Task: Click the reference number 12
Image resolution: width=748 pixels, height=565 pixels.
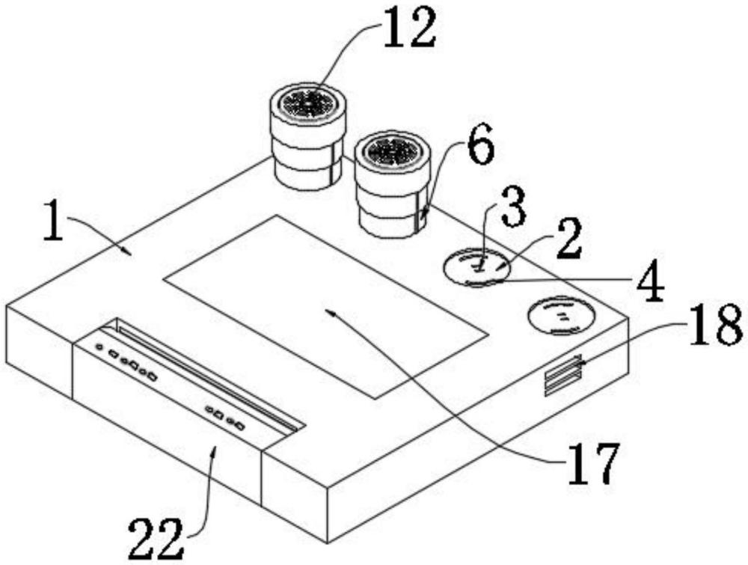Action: (x=410, y=28)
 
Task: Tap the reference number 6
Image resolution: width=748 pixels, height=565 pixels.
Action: (x=480, y=145)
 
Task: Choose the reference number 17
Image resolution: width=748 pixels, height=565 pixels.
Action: (x=593, y=463)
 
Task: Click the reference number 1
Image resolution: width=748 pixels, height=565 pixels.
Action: (x=53, y=221)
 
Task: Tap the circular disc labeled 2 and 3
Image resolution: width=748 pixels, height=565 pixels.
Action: (x=477, y=266)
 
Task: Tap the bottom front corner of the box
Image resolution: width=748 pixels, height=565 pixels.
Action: (x=328, y=543)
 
